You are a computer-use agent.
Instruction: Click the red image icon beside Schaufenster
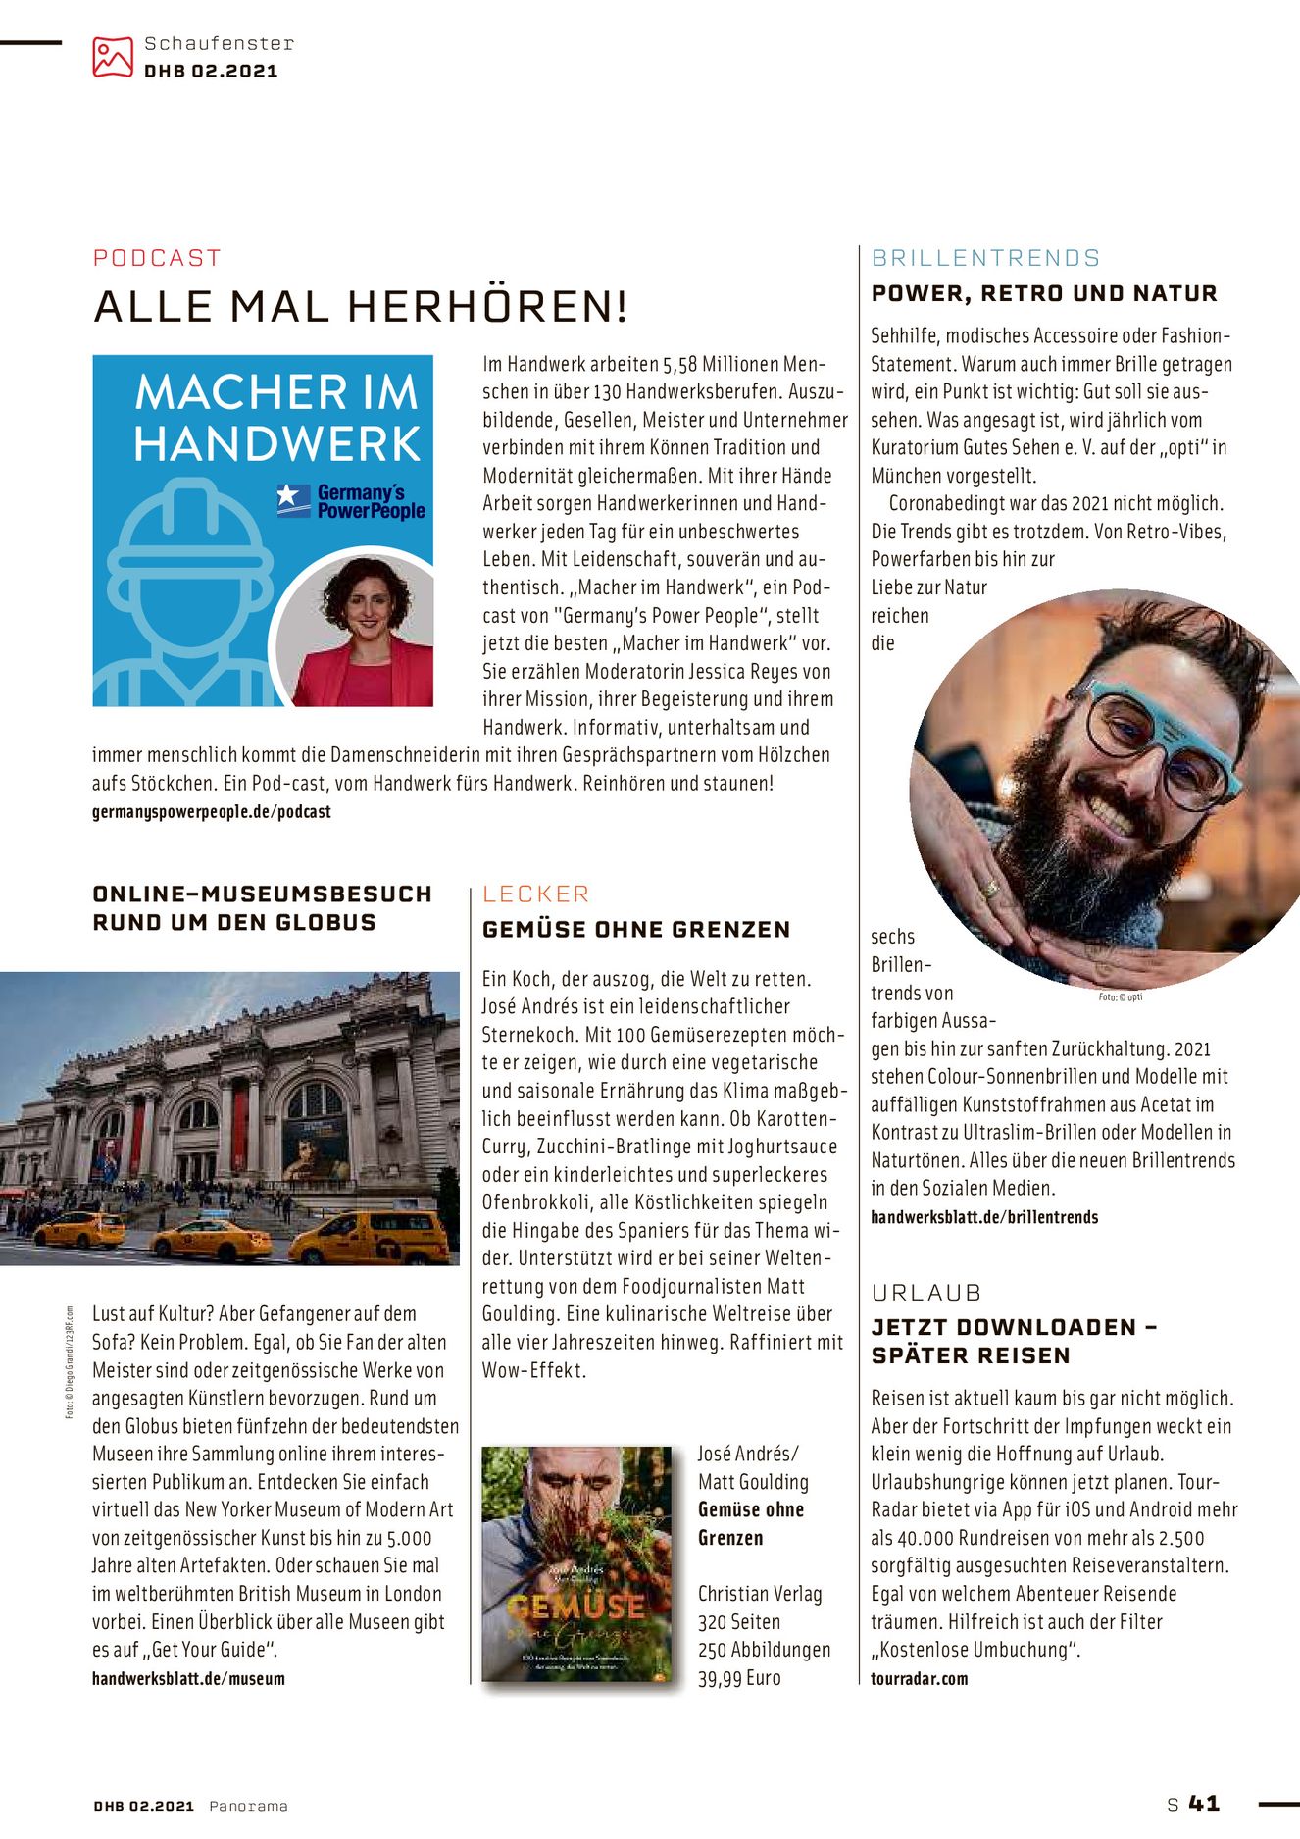coord(112,57)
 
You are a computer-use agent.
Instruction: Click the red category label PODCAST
coord(157,258)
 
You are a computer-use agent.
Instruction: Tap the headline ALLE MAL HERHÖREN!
coord(360,307)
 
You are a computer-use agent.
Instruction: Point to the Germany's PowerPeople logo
coord(353,501)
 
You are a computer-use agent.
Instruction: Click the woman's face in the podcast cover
coord(365,604)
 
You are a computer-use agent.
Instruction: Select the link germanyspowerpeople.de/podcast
coord(211,812)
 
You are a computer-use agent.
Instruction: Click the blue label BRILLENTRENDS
coord(985,258)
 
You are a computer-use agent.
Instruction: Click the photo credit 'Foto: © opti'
coord(1120,996)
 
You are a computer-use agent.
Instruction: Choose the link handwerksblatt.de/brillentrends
coord(984,1217)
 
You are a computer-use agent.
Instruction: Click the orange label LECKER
coord(535,894)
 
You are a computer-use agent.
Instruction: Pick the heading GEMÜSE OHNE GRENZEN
coord(636,930)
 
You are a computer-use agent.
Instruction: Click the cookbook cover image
coord(576,1563)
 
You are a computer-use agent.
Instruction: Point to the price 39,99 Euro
coord(739,1678)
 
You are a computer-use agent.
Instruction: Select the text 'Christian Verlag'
coord(760,1594)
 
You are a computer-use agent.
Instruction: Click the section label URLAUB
coord(926,1293)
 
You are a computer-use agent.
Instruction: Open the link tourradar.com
coord(919,1678)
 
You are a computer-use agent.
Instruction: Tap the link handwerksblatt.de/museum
coord(188,1678)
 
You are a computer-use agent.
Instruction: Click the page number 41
coord(1204,1803)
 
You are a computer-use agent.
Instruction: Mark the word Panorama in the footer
coord(248,1806)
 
